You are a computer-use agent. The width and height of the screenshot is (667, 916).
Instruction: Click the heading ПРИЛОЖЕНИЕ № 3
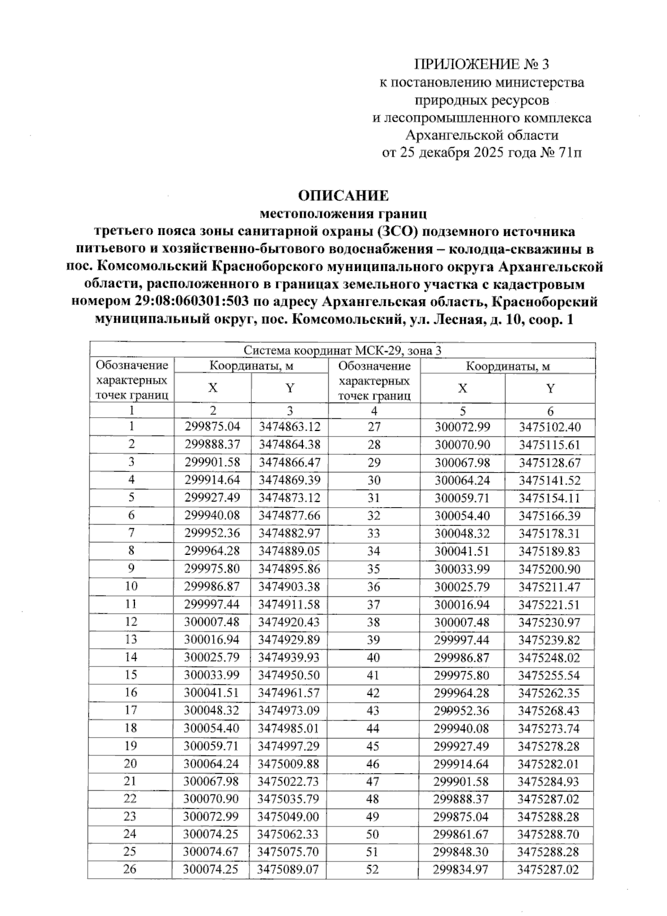pos(481,65)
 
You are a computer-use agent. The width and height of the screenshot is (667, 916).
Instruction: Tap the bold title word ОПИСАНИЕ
pos(343,196)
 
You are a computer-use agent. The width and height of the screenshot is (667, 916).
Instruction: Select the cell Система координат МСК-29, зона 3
pos(342,351)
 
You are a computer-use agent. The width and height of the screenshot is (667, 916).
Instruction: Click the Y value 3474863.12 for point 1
pos(290,427)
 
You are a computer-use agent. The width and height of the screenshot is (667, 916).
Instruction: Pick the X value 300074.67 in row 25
pos(212,852)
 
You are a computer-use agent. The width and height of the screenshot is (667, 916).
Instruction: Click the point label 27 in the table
pos(374,427)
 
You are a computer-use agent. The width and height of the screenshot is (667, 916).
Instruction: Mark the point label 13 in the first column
pos(131,639)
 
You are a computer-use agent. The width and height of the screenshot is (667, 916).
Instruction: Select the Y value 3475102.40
pos(549,427)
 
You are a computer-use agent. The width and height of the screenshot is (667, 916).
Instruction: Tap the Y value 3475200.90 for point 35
pos(549,569)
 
